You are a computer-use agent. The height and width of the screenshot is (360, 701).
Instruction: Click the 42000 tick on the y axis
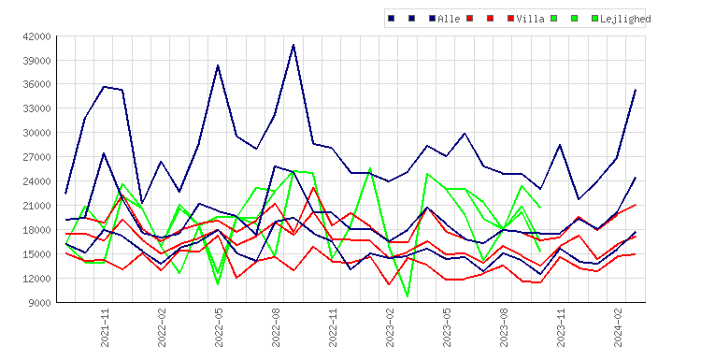(x=36, y=36)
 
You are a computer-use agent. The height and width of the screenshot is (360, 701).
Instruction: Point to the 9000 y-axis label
(x=39, y=303)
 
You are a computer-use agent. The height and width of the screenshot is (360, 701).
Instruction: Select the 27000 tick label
(x=36, y=157)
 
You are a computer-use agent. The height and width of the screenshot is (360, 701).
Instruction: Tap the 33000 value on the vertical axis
(x=36, y=108)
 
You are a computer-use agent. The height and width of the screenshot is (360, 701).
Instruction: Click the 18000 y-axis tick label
(x=36, y=230)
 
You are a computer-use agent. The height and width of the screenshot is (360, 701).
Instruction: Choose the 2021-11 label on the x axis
(x=104, y=328)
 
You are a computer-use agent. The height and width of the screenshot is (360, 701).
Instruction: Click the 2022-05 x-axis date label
(x=219, y=328)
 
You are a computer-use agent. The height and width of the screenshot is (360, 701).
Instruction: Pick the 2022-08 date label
(x=276, y=328)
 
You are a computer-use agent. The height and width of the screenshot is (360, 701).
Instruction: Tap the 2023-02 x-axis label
(x=390, y=328)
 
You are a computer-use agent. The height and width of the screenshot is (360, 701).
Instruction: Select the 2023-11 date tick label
(x=561, y=328)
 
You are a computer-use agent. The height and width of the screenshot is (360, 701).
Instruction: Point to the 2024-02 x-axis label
(x=619, y=328)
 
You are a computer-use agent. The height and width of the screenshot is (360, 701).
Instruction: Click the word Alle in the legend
(x=449, y=19)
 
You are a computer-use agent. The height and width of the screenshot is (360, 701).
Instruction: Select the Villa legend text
(x=530, y=19)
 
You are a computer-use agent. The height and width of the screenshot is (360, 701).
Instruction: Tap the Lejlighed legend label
(x=625, y=19)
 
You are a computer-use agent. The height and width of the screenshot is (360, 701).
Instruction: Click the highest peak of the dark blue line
(x=293, y=45)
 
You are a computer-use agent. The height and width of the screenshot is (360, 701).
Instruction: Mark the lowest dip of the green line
(x=408, y=296)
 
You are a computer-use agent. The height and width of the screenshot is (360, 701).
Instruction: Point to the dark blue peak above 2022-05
(x=218, y=65)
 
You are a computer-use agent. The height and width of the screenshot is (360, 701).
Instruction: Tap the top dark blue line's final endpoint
(x=636, y=90)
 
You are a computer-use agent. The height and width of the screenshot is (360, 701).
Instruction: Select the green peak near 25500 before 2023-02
(x=370, y=168)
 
